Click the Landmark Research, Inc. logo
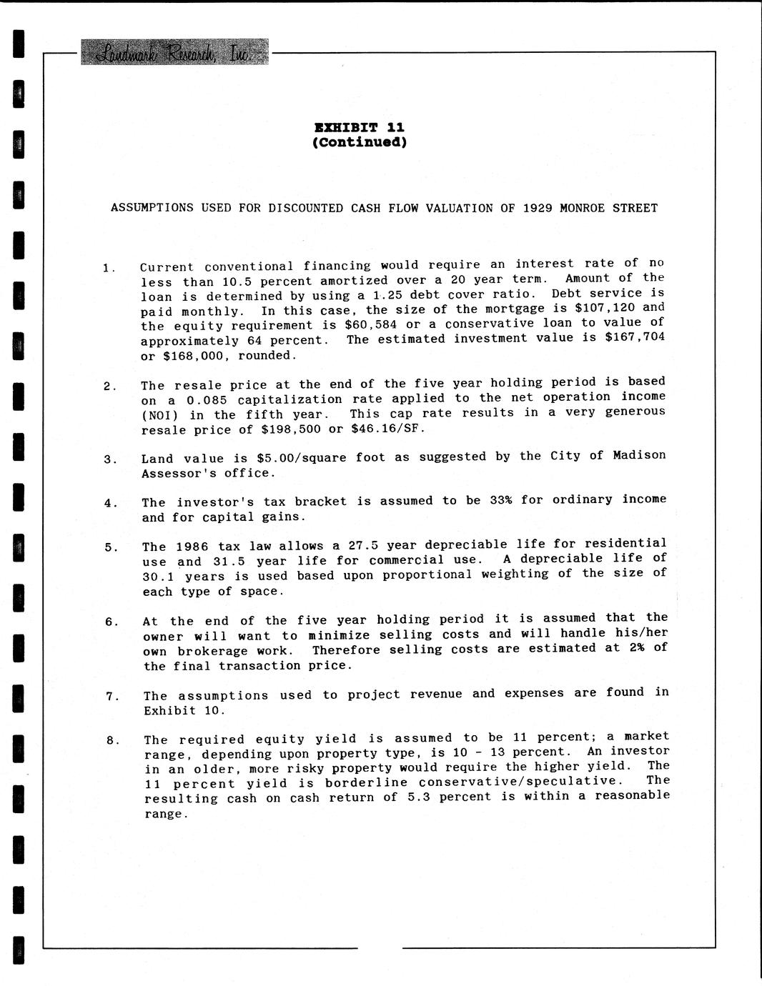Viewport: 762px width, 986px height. click(x=175, y=52)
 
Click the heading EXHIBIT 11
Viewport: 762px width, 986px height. click(x=359, y=127)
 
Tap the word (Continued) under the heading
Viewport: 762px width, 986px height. click(x=359, y=141)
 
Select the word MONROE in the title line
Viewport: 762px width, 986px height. click(x=583, y=208)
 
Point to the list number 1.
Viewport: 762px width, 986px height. click(x=107, y=268)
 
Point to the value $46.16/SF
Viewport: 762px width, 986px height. click(x=387, y=429)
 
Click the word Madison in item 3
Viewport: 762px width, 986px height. click(x=639, y=455)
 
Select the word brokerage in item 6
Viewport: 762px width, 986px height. click(x=212, y=651)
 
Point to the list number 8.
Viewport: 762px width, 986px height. click(x=112, y=740)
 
